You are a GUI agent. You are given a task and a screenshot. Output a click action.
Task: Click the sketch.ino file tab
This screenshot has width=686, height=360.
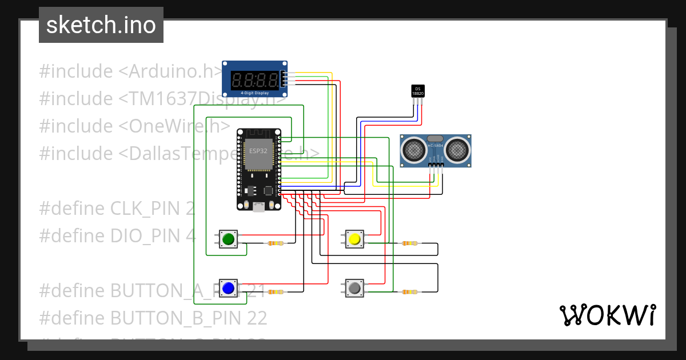101,25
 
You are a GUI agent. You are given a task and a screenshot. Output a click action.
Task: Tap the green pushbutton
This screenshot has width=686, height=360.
229,239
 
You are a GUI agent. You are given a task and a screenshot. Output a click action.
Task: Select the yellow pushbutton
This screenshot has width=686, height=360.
354,239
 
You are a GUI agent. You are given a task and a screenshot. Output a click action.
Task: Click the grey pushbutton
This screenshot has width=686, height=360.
354,288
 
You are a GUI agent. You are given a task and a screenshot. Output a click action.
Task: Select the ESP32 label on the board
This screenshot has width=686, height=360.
258,151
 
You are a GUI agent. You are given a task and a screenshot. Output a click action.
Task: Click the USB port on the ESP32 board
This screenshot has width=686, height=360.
258,207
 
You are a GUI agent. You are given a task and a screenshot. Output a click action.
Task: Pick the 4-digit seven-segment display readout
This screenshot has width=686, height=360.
255,79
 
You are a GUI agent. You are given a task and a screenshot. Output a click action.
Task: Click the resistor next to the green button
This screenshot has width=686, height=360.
275,243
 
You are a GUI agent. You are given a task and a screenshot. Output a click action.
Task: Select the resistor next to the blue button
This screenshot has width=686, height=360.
275,292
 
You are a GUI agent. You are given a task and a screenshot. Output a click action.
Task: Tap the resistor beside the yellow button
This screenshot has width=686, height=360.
409,243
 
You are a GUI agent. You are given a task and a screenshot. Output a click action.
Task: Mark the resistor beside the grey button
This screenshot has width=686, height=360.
409,292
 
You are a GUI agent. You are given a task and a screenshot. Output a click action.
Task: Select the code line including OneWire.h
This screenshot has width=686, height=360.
135,126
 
